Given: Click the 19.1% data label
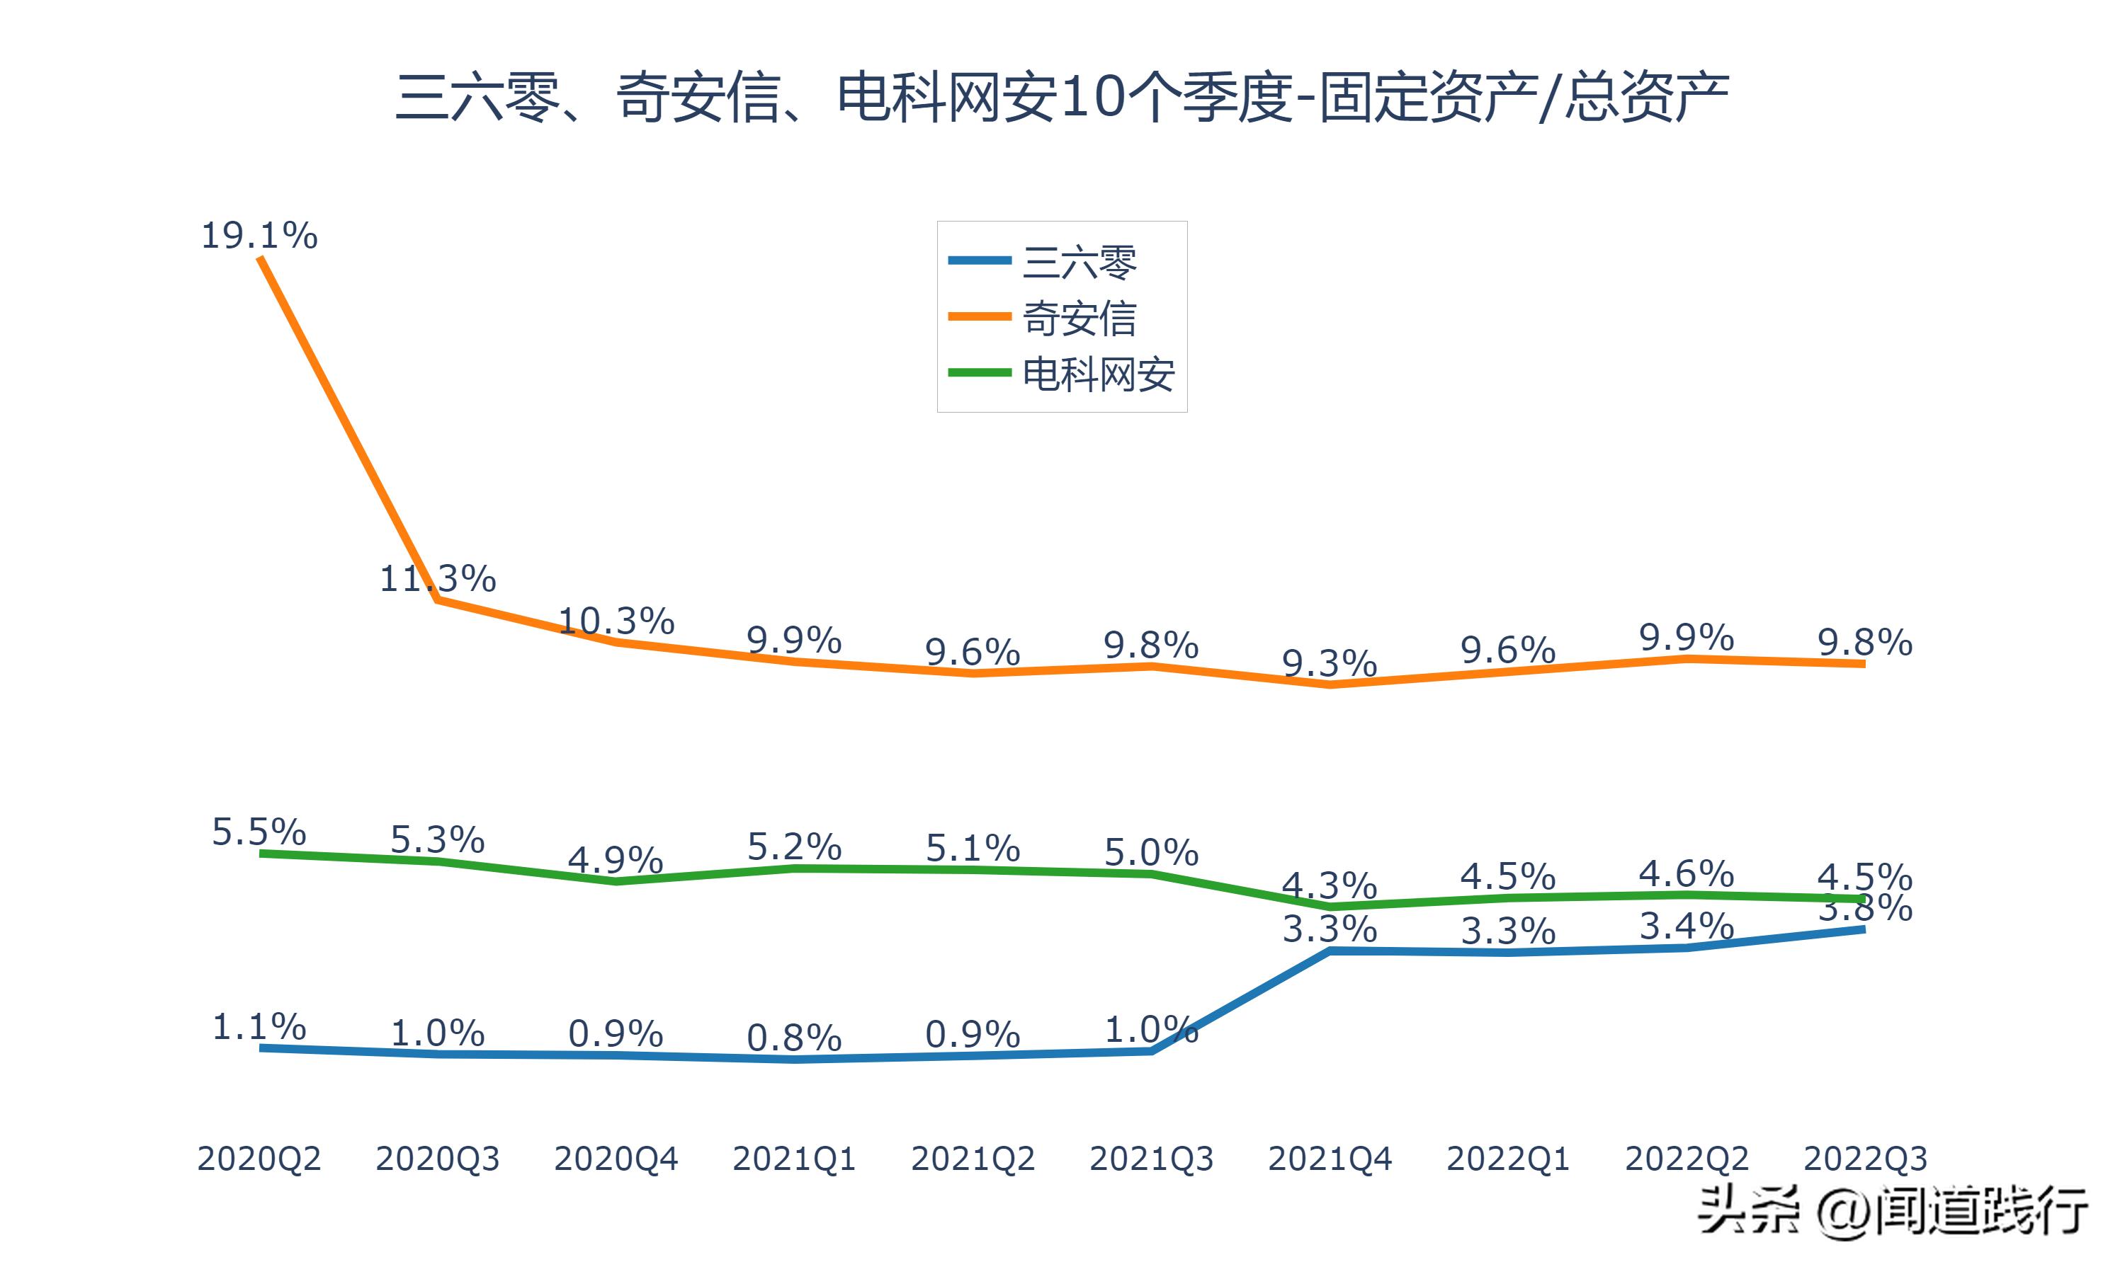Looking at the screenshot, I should [259, 235].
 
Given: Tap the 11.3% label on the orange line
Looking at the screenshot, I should [437, 579].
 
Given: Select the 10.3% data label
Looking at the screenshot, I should [616, 621].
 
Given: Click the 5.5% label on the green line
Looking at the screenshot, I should [259, 832].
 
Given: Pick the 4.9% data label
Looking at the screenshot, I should [616, 859].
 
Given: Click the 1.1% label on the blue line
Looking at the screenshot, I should [259, 1027].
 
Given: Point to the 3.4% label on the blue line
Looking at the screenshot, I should [1686, 926].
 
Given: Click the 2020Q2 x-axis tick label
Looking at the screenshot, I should [259, 1159].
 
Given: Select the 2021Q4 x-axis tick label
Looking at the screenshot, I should [1330, 1159].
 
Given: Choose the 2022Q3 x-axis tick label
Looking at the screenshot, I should [1865, 1159].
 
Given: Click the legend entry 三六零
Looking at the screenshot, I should [1079, 261].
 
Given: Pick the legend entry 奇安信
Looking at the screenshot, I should [1079, 318].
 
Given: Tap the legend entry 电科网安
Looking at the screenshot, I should [1098, 374].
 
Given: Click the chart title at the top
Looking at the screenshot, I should [1062, 96].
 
